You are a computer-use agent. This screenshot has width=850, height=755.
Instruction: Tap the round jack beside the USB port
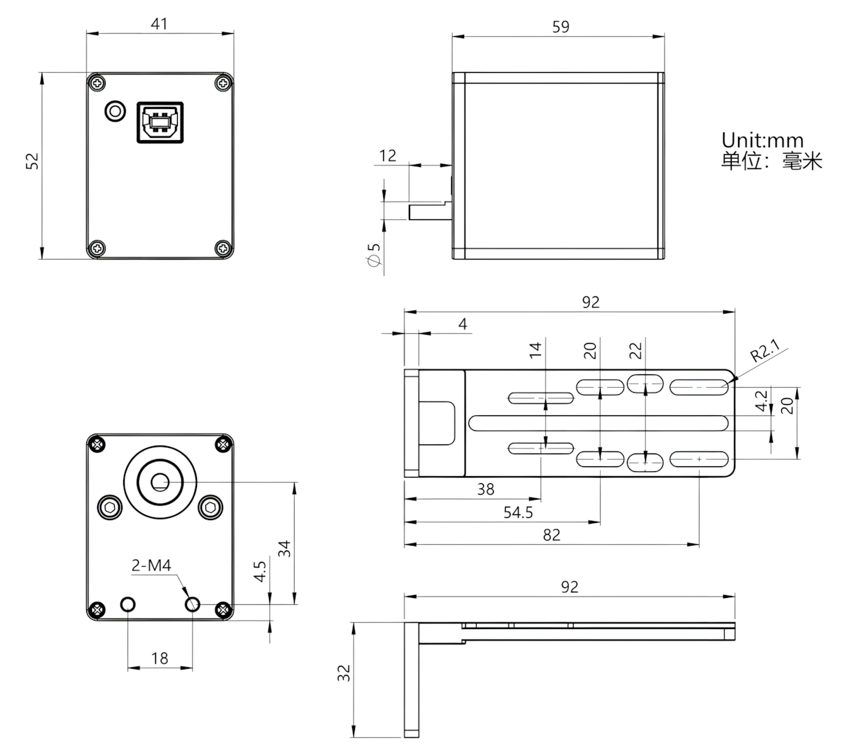click(114, 111)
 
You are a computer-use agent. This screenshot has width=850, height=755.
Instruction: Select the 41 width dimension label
click(159, 23)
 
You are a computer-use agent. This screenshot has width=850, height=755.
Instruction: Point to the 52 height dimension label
click(32, 161)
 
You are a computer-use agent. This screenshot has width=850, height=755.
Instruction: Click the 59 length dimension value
click(560, 27)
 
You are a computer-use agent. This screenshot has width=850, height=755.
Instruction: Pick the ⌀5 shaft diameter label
click(373, 255)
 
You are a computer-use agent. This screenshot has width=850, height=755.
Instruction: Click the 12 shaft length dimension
click(387, 156)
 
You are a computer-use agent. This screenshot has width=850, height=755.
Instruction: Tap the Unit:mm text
click(762, 139)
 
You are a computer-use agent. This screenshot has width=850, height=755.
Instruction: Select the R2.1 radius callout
click(764, 352)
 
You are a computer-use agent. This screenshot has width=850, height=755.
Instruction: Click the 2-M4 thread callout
click(152, 565)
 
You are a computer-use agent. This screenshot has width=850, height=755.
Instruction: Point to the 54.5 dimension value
click(518, 512)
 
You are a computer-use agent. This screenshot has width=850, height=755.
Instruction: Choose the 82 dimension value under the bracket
click(551, 535)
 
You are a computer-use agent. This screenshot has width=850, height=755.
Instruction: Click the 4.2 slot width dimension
click(761, 400)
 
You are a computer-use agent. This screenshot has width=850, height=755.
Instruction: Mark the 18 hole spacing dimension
click(159, 658)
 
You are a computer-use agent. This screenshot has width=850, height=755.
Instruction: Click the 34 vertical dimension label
click(284, 548)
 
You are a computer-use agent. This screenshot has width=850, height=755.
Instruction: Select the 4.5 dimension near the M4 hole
click(259, 571)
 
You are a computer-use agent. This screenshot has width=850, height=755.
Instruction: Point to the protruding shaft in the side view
click(429, 211)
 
